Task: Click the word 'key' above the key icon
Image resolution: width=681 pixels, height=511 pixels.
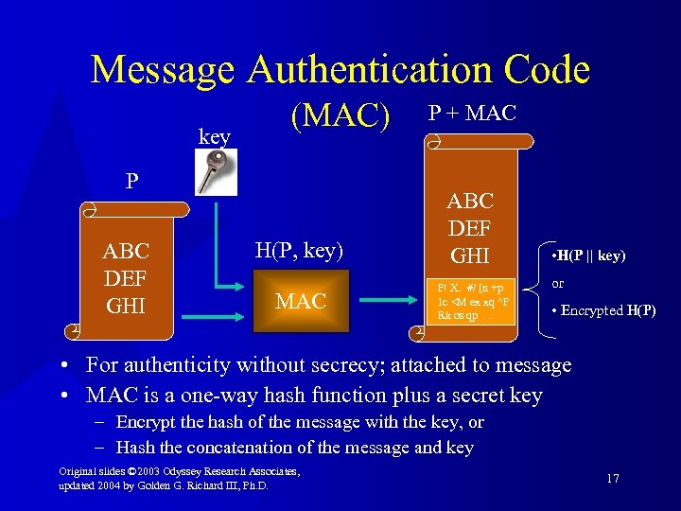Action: click(x=215, y=136)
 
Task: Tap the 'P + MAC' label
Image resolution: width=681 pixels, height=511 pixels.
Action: click(x=472, y=114)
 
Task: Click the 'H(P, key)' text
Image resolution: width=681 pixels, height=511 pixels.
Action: click(x=298, y=251)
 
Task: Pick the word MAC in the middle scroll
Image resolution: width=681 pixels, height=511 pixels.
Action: click(x=300, y=302)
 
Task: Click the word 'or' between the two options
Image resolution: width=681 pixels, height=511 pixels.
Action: click(x=558, y=283)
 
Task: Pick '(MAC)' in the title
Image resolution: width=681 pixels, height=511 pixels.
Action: click(x=340, y=116)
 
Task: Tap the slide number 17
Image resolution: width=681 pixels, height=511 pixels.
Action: click(x=612, y=479)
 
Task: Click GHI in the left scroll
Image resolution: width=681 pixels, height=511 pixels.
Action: click(x=127, y=305)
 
